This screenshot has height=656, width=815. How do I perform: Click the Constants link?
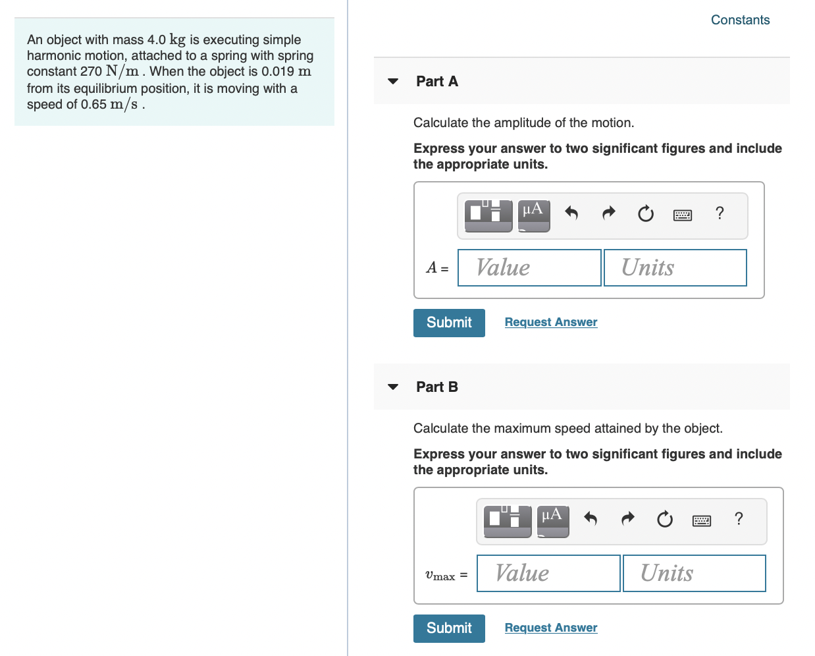pyautogui.click(x=740, y=20)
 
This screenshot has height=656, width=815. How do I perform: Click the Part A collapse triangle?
pyautogui.click(x=393, y=82)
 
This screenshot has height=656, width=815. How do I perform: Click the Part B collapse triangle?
pyautogui.click(x=393, y=387)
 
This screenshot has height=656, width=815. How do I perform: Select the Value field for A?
pyautogui.click(x=529, y=267)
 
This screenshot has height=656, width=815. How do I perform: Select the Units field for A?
pyautogui.click(x=675, y=267)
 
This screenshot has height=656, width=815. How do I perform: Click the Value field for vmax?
pyautogui.click(x=548, y=573)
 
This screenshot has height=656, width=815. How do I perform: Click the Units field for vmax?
pyautogui.click(x=694, y=573)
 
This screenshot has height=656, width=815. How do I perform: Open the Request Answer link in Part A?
pyautogui.click(x=551, y=322)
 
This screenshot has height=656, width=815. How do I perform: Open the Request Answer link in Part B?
pyautogui.click(x=551, y=628)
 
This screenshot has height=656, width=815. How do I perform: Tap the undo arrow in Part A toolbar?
pyautogui.click(x=571, y=213)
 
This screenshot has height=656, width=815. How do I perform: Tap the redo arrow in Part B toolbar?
pyautogui.click(x=628, y=519)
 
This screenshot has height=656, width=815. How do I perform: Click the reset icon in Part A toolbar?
pyautogui.click(x=646, y=213)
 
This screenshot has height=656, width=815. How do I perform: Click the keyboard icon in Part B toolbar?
pyautogui.click(x=702, y=521)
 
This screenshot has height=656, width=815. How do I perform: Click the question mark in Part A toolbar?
pyautogui.click(x=720, y=213)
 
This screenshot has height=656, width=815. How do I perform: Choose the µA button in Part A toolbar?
pyautogui.click(x=533, y=215)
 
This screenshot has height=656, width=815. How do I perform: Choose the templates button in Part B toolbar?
pyautogui.click(x=508, y=521)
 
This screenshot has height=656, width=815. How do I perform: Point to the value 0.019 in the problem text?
pyautogui.click(x=277, y=71)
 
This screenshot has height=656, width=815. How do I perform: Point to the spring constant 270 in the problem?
pyautogui.click(x=91, y=71)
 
